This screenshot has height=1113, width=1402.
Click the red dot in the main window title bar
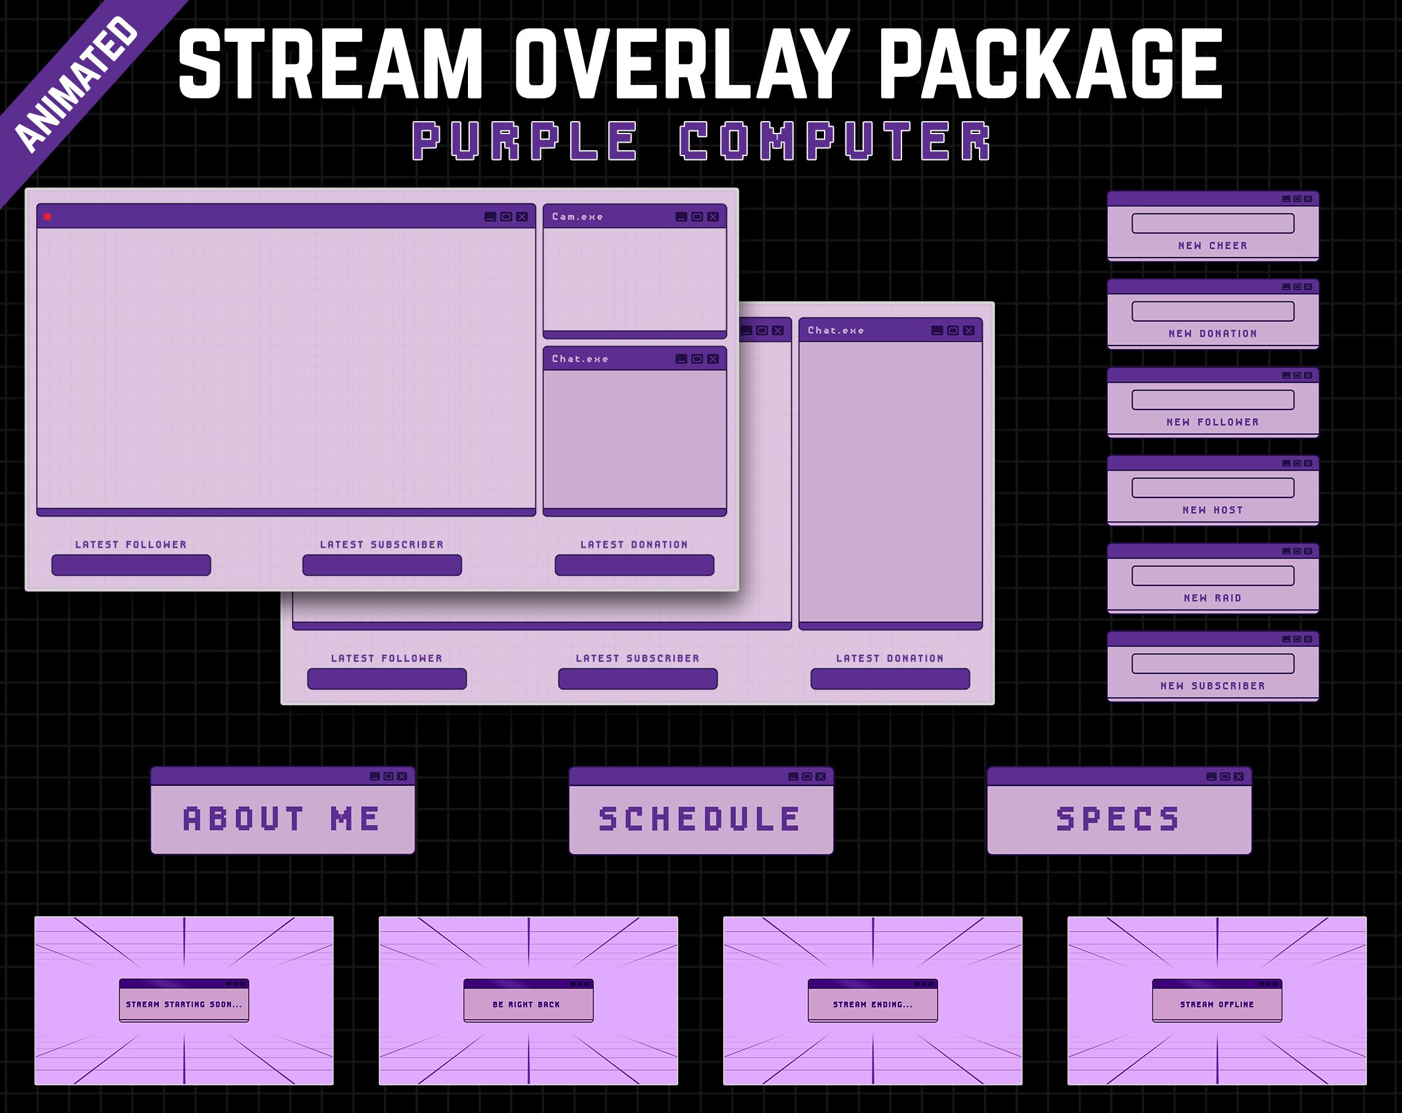(x=47, y=216)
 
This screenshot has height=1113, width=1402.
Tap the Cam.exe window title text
(x=577, y=216)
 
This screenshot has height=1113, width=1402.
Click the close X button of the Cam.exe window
(x=713, y=216)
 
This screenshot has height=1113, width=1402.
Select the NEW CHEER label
(x=1213, y=246)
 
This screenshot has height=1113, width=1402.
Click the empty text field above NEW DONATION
(x=1213, y=311)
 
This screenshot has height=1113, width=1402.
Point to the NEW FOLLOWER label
(x=1213, y=422)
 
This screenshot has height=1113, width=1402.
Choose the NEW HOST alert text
(x=1213, y=510)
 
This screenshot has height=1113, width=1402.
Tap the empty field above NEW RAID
(x=1213, y=576)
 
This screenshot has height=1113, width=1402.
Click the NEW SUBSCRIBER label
(x=1213, y=686)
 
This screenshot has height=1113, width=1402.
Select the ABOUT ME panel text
(x=282, y=818)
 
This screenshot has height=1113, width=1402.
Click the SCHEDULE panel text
(x=700, y=818)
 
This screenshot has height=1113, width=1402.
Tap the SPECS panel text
(x=1118, y=818)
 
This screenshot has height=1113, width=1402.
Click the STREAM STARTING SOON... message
(x=184, y=1004)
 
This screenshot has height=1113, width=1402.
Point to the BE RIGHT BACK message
(x=526, y=1004)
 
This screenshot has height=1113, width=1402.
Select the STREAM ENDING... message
(x=873, y=1004)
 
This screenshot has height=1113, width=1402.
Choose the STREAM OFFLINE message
(x=1217, y=1004)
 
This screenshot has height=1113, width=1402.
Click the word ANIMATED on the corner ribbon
(x=76, y=83)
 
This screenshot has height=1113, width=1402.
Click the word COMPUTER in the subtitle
(x=835, y=141)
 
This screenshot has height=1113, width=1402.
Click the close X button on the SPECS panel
(x=1239, y=776)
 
